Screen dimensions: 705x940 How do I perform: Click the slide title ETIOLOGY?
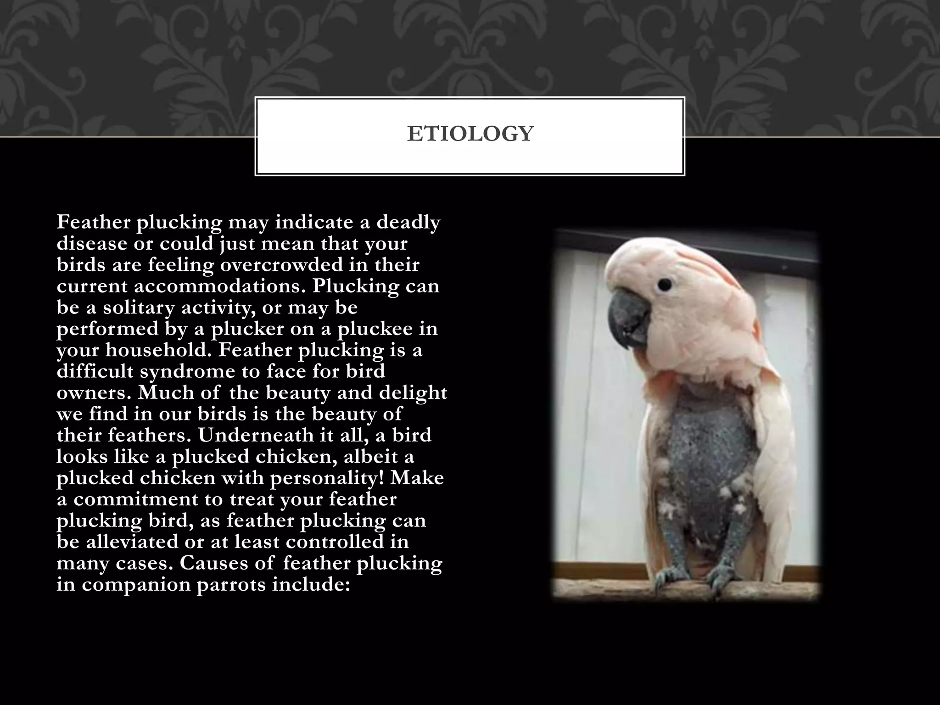click(x=470, y=134)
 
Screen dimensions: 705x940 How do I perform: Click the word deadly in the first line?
click(x=408, y=223)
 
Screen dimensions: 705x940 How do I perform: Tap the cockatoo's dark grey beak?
click(x=628, y=321)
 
